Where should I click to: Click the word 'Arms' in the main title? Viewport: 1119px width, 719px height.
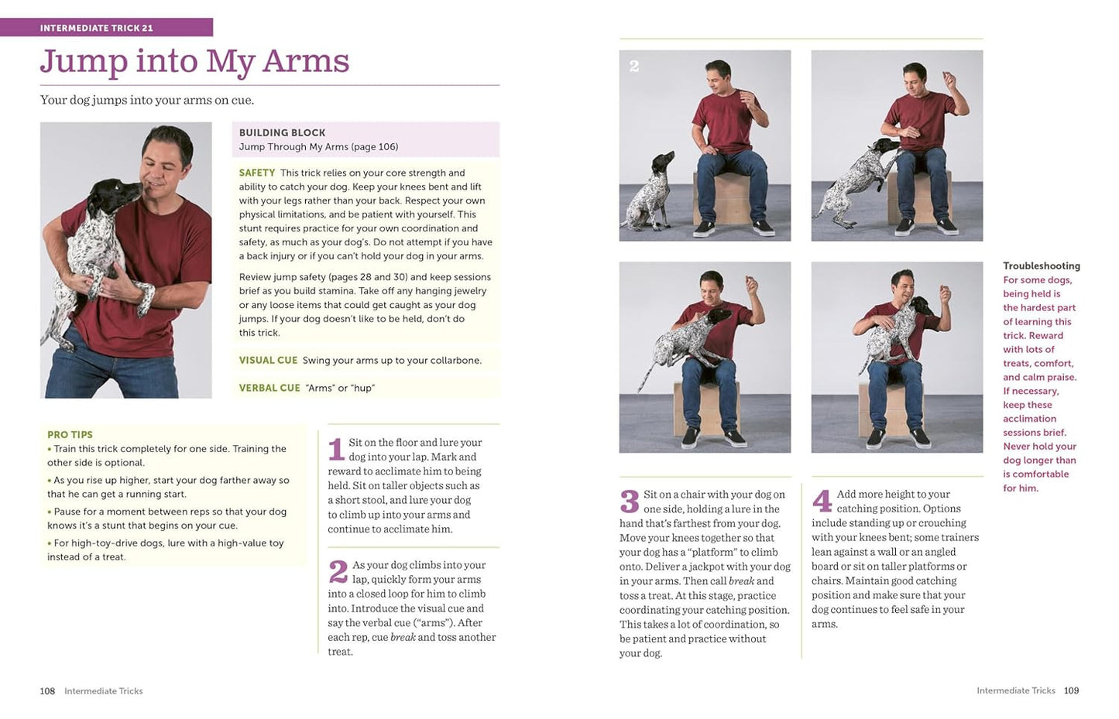pyautogui.click(x=306, y=62)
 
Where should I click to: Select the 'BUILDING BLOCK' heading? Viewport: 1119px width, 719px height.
pyautogui.click(x=282, y=132)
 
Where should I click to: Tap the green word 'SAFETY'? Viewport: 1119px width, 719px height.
pyautogui.click(x=257, y=173)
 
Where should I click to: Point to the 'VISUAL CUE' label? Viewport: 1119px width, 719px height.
pyautogui.click(x=268, y=360)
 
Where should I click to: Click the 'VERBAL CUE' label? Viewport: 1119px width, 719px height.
pyautogui.click(x=269, y=388)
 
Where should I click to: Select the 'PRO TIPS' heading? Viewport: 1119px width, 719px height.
pyautogui.click(x=70, y=434)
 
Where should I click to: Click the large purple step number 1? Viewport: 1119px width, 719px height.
pyautogui.click(x=336, y=449)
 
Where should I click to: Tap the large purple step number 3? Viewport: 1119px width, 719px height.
pyautogui.click(x=629, y=502)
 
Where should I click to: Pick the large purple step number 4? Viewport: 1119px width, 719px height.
pyautogui.click(x=822, y=502)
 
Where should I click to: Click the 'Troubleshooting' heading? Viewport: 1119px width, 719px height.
pyautogui.click(x=1041, y=265)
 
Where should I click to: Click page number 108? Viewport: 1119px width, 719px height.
pyautogui.click(x=47, y=690)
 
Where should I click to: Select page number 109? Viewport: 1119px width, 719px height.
pyautogui.click(x=1071, y=690)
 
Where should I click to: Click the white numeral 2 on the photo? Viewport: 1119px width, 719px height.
pyautogui.click(x=634, y=67)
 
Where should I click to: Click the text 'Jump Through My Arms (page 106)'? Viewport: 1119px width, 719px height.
pyautogui.click(x=318, y=146)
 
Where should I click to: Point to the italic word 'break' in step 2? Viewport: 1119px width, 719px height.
pyautogui.click(x=403, y=637)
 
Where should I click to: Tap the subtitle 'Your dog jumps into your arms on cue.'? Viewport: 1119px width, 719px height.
pyautogui.click(x=147, y=100)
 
